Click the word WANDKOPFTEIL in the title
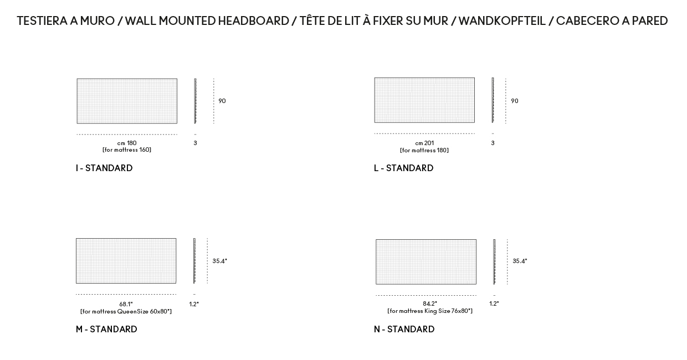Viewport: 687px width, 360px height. [x=503, y=21]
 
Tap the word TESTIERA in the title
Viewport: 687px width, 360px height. [x=42, y=21]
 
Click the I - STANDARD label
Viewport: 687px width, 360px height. [x=104, y=168]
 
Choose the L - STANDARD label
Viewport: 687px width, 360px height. [x=403, y=168]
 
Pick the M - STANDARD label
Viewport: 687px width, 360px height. [x=106, y=329]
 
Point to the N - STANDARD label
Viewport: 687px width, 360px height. [x=404, y=329]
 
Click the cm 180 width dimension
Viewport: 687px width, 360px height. [x=127, y=143]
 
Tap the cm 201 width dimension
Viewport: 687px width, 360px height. [x=424, y=143]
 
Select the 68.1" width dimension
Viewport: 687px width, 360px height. [x=126, y=304]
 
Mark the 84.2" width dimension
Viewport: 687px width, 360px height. [x=430, y=304]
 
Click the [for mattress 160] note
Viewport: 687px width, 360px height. [x=127, y=150]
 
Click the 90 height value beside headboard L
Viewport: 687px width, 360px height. [x=515, y=101]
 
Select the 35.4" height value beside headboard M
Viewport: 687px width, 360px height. [x=219, y=261]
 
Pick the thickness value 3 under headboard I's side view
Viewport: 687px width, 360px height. [x=195, y=143]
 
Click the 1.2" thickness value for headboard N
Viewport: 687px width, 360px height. [x=494, y=304]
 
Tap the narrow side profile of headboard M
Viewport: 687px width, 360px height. [x=194, y=261]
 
